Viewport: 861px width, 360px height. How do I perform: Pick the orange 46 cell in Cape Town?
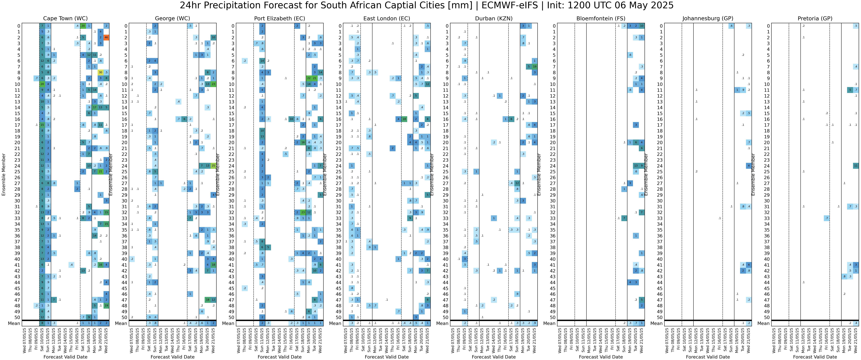106,37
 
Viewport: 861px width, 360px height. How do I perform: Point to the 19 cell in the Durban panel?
534,66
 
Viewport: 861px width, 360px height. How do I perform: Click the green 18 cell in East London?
404,119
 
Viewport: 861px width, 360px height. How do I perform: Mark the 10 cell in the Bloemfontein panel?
641,26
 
